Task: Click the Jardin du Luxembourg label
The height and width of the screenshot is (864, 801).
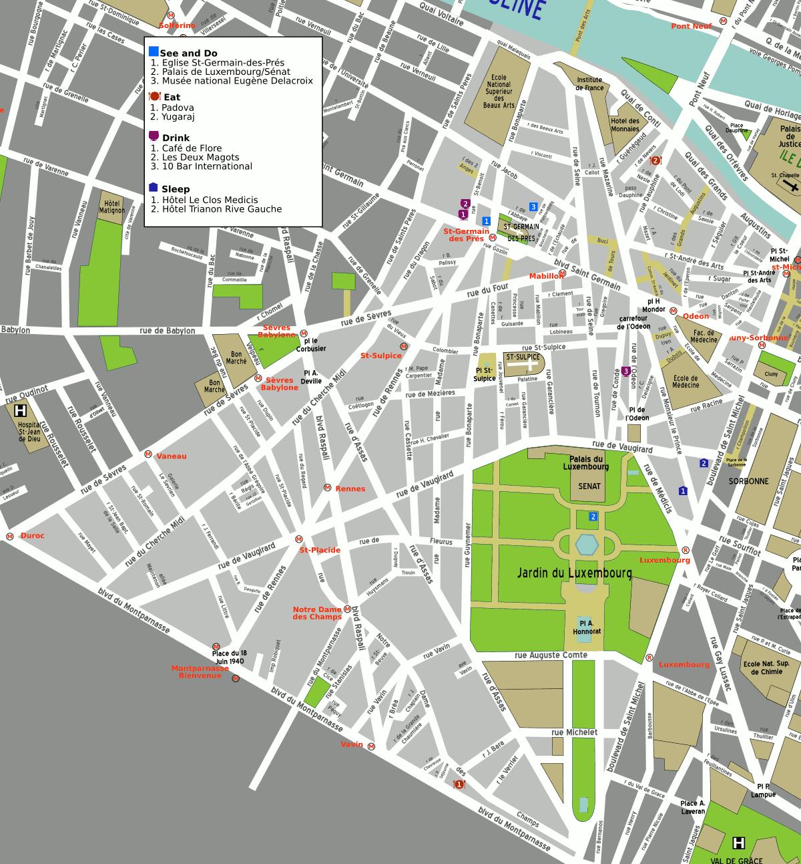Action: coord(574,573)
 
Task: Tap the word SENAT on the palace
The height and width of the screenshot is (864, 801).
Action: coord(589,486)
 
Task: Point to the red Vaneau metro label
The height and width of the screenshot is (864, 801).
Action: coord(172,456)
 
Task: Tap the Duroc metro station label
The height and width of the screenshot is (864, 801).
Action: coord(32,536)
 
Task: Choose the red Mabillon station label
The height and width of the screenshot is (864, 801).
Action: coord(545,276)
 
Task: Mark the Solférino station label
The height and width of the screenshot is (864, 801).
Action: coord(177,25)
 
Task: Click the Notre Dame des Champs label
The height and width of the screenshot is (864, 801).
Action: coord(317,613)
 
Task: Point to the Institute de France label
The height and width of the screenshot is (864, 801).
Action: coord(589,84)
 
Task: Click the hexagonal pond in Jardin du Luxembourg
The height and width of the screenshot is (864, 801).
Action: coord(587,544)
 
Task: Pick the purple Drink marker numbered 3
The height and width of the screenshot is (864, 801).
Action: coord(625,372)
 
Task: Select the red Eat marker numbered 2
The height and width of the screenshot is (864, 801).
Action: coord(656,160)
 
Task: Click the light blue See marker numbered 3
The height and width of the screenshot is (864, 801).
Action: coord(533,206)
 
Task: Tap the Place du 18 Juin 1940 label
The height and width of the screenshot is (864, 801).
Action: coord(229,657)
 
